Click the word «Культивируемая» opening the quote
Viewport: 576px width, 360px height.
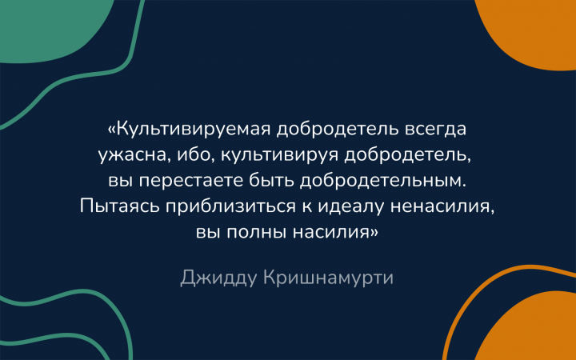[194, 130]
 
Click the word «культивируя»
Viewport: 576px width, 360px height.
[279, 156]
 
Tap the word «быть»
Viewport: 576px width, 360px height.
[271, 180]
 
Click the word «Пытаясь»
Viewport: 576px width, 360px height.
[120, 206]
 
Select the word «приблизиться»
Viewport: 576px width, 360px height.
[230, 207]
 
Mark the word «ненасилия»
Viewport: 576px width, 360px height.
[442, 207]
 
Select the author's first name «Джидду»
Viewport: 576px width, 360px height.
[218, 278]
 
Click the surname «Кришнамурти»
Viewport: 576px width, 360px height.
[329, 278]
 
